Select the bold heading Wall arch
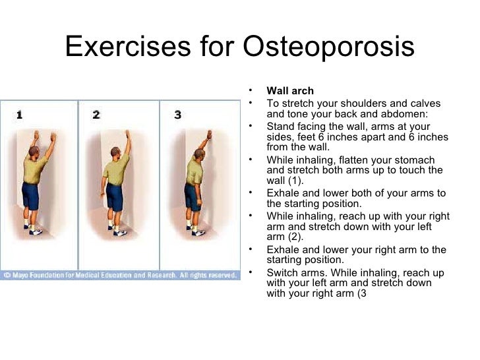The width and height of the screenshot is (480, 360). click(x=290, y=91)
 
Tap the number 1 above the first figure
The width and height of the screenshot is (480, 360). click(x=19, y=115)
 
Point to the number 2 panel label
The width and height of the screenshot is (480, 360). click(x=96, y=115)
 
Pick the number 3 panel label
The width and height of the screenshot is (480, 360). click(x=177, y=115)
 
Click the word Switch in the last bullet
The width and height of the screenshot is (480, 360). click(x=281, y=272)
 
